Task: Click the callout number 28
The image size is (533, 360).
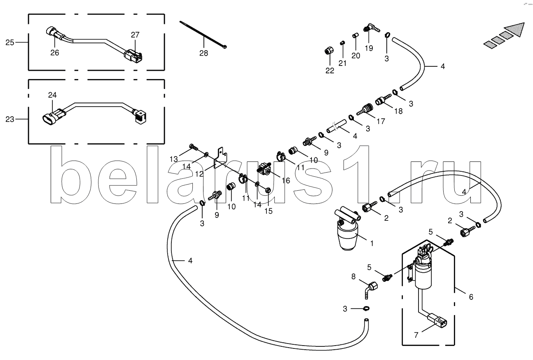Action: pyautogui.click(x=203, y=53)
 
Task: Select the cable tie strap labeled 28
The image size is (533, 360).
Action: pyautogui.click(x=203, y=34)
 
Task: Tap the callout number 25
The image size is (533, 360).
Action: pyautogui.click(x=10, y=42)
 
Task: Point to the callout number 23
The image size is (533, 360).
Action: pyautogui.click(x=10, y=119)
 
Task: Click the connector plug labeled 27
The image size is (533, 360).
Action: pyautogui.click(x=133, y=56)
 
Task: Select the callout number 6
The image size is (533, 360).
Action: pyautogui.click(x=471, y=297)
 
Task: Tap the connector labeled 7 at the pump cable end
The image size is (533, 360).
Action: pyautogui.click(x=437, y=321)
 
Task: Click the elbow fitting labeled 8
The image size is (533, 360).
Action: pyautogui.click(x=371, y=289)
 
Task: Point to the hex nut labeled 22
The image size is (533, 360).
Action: pyautogui.click(x=329, y=51)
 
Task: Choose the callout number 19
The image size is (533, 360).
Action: pyautogui.click(x=369, y=48)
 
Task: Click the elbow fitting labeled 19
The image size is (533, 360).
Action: pyautogui.click(x=371, y=28)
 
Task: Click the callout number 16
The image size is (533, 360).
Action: pyautogui.click(x=286, y=181)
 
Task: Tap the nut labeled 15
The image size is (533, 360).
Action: pyautogui.click(x=268, y=190)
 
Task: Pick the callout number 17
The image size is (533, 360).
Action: pyautogui.click(x=381, y=122)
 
